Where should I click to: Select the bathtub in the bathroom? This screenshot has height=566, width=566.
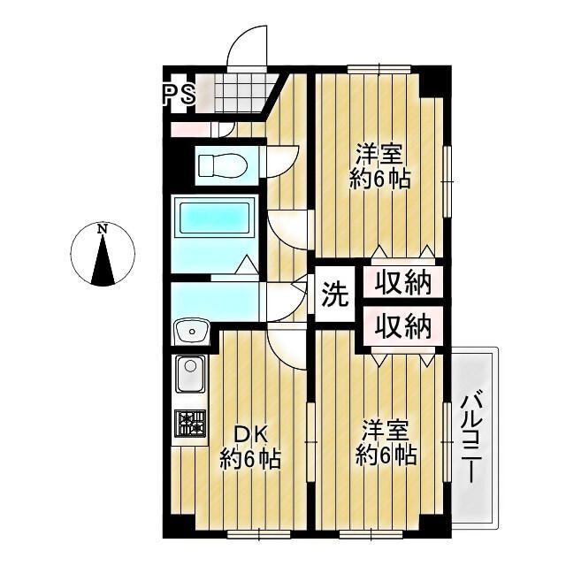click(215, 218)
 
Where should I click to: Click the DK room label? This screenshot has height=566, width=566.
click(251, 434)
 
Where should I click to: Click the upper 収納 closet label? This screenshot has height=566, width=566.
click(400, 284)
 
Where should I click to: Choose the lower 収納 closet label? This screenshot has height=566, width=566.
click(400, 327)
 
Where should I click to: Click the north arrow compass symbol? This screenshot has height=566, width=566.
click(103, 256)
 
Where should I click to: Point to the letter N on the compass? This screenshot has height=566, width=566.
click(103, 230)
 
